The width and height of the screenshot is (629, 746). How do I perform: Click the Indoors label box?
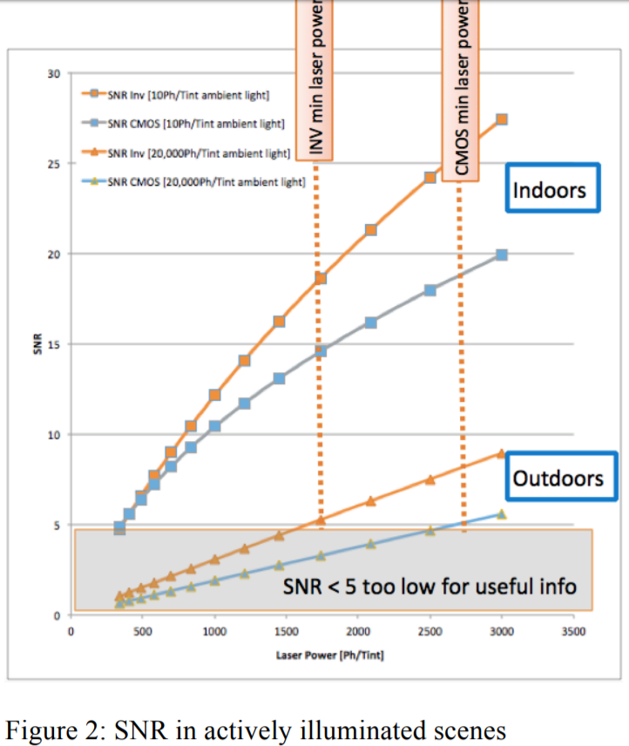pos(553,188)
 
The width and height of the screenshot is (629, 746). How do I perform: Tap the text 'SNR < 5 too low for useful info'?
pos(429,586)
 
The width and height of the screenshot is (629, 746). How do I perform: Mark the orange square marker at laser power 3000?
pos(501,119)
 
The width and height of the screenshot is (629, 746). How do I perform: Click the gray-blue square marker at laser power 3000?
pos(501,255)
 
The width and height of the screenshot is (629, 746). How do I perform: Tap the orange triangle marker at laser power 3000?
pos(501,453)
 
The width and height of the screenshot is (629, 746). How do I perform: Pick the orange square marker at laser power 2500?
pos(429,177)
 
